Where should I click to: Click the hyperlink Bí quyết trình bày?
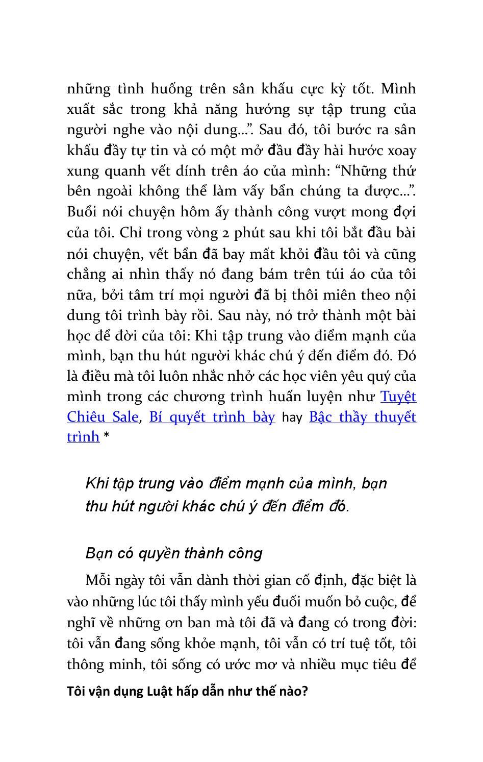click(212, 417)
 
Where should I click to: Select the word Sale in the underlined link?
click(125, 417)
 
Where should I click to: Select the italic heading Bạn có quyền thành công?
click(174, 553)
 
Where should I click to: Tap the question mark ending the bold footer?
click(305, 692)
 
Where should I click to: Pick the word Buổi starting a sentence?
click(81, 212)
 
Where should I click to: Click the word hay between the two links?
click(292, 418)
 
